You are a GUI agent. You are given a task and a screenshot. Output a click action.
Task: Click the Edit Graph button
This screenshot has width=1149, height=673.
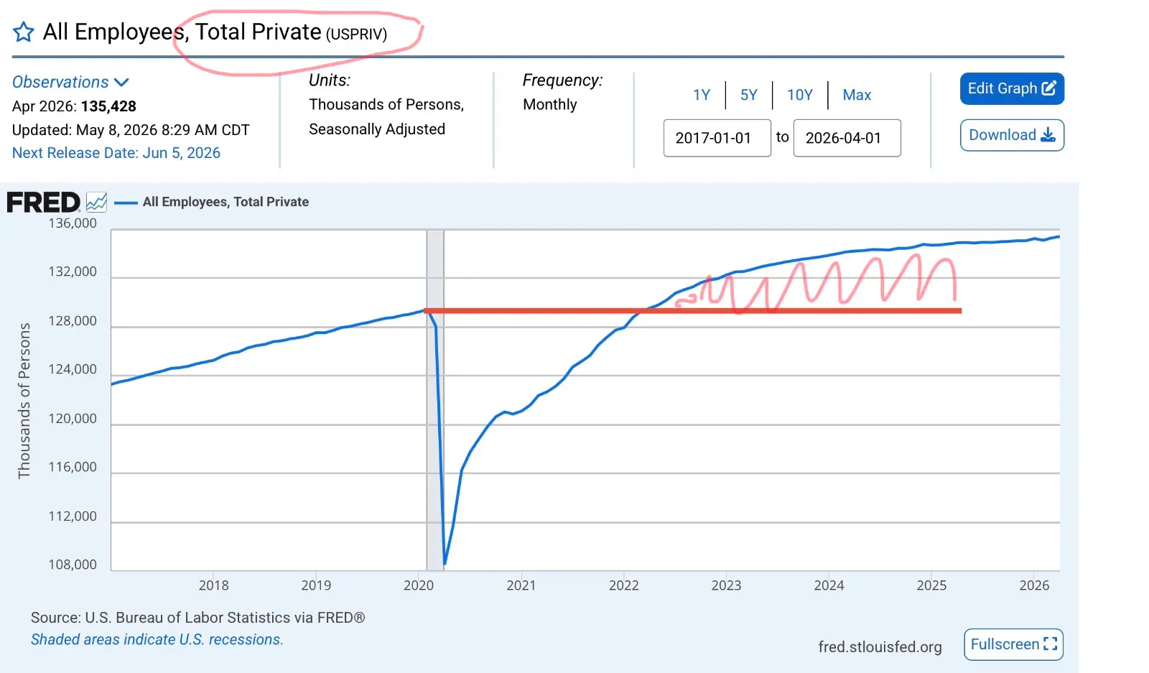coord(1012,89)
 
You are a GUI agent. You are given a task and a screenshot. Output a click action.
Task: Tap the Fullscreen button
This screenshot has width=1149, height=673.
coord(1013,644)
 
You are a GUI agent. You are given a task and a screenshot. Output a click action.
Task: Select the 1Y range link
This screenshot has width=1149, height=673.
coord(701,95)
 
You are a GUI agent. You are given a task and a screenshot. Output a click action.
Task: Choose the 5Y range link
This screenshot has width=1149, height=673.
coord(748,95)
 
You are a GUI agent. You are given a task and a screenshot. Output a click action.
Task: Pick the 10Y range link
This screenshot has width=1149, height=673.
coord(800,95)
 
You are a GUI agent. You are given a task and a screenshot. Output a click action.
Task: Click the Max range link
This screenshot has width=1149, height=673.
coord(857,95)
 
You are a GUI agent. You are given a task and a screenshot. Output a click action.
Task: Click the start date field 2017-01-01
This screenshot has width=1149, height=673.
coord(717,138)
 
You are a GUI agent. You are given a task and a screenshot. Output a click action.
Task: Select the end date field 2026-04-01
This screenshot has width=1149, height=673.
coord(847,138)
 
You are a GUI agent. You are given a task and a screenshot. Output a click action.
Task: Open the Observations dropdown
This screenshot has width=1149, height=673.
coord(70,82)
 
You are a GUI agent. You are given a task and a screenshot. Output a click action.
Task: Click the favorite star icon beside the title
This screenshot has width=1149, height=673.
coord(23,32)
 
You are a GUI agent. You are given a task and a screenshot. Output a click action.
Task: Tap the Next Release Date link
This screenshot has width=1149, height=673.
coord(116,153)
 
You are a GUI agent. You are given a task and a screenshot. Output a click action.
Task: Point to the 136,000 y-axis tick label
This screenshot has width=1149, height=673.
coord(73,223)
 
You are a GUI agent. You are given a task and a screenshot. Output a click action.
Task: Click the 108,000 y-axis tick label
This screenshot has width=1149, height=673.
coord(73,565)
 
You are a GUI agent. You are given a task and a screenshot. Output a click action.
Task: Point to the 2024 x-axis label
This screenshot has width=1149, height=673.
coord(829,585)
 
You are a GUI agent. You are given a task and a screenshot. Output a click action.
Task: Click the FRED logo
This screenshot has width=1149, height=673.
coord(44,202)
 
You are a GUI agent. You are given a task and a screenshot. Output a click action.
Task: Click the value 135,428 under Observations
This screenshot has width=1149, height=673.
coord(108,106)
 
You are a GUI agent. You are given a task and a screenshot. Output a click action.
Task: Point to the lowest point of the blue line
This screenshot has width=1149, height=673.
coord(445,564)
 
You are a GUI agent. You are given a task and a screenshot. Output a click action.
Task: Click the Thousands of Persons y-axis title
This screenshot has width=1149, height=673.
coord(24,401)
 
